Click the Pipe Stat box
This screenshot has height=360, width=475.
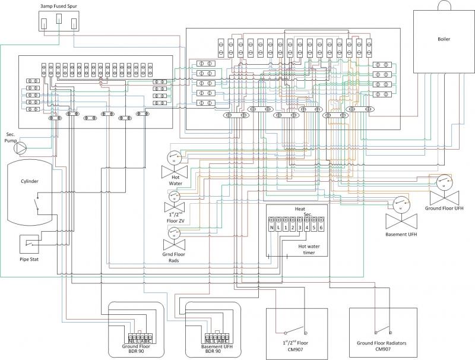[x=32, y=244]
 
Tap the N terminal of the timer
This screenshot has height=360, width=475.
[x=272, y=228]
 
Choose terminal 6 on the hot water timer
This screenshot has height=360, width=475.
[x=321, y=228]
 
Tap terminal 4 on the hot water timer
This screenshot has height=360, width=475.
[x=306, y=228]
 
